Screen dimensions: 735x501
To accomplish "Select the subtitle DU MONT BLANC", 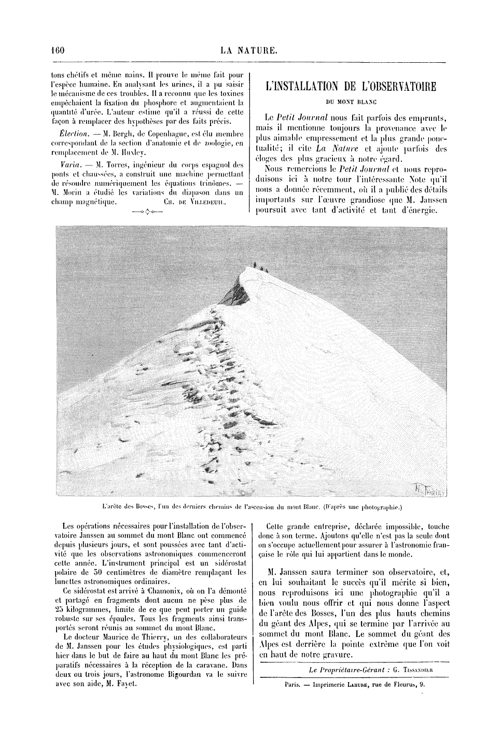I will click(350, 102).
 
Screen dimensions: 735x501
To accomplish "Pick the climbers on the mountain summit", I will click(259, 267).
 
